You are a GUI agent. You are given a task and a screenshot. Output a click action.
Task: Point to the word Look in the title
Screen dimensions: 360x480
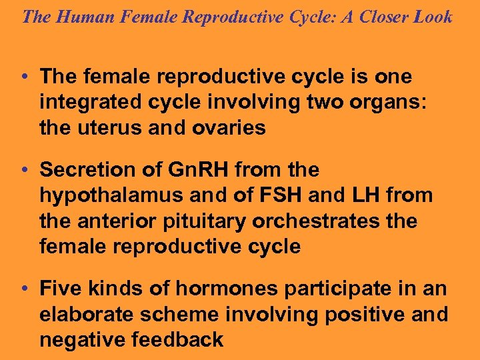tap(433, 17)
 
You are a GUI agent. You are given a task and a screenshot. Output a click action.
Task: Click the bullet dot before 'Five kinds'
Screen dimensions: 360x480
tap(24, 289)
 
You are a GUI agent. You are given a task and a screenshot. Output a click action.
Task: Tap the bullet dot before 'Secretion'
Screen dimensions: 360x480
tap(24, 171)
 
